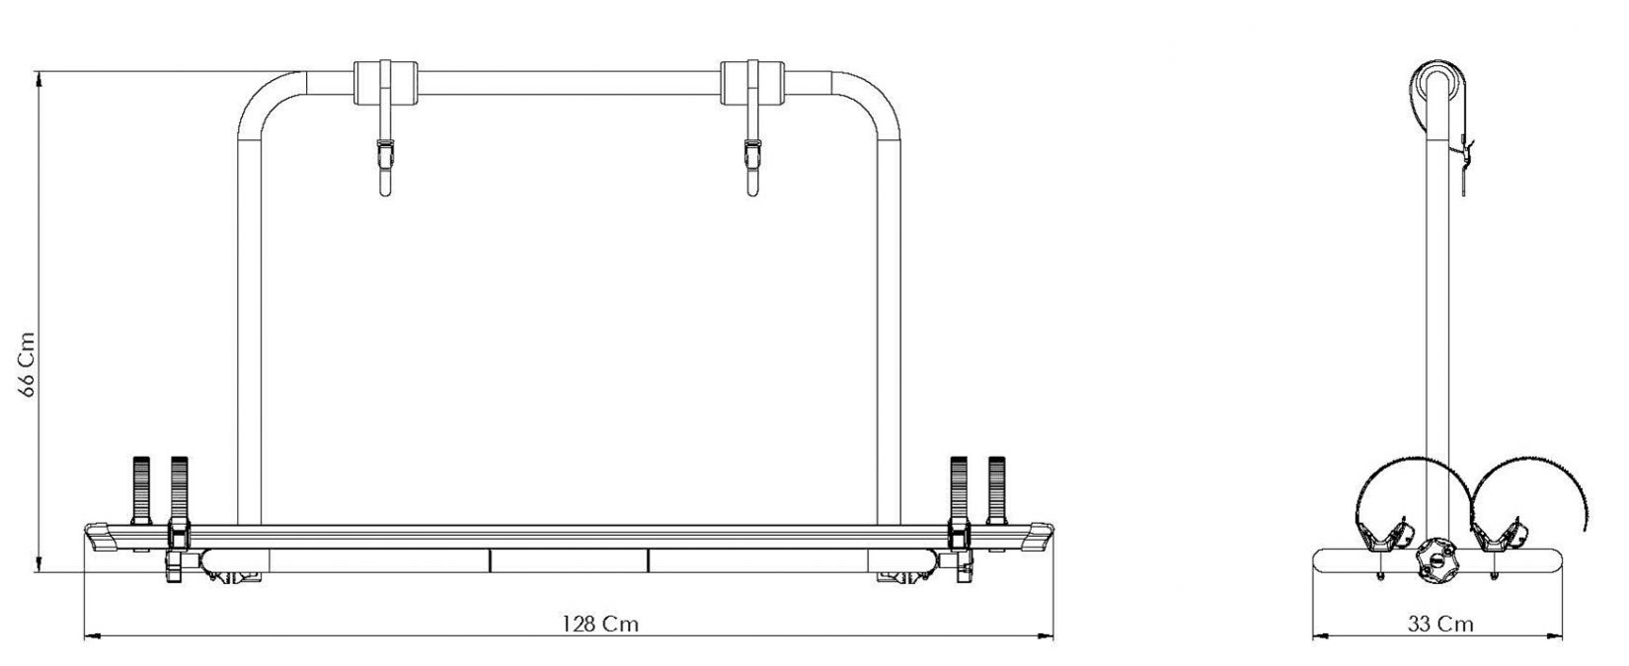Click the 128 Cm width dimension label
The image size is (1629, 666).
[x=600, y=624]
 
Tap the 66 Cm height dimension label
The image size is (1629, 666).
[x=27, y=364]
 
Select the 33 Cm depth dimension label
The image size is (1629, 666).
[x=1439, y=624]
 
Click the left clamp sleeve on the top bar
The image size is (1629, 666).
[x=385, y=83]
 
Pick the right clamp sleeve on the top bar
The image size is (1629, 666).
[x=752, y=83]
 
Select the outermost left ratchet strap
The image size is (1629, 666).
[x=141, y=489]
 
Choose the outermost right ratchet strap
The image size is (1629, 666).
[x=996, y=489]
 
